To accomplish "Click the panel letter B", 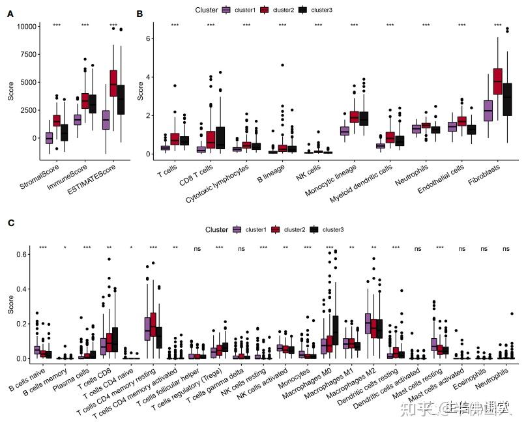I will tap(139, 12).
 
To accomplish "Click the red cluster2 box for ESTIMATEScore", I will tap(113, 83).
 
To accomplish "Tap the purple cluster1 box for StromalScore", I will tap(49, 137).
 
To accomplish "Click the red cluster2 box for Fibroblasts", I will tap(498, 81).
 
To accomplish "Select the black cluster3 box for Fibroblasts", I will tap(508, 97).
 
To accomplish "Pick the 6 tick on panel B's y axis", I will tap(148, 38).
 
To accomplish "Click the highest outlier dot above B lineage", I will tap(282, 65).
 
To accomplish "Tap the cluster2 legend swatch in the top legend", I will tap(264, 10).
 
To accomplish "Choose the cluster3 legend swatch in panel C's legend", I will tap(314, 229).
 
